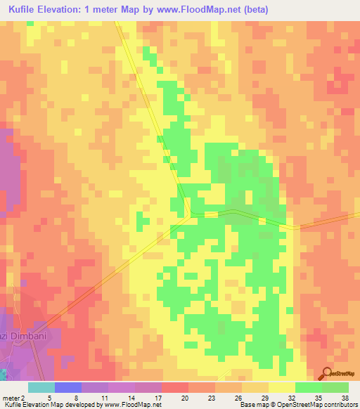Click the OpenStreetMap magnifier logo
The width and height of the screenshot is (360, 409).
[x=326, y=374]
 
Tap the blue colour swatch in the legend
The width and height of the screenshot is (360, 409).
[x=67, y=387]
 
